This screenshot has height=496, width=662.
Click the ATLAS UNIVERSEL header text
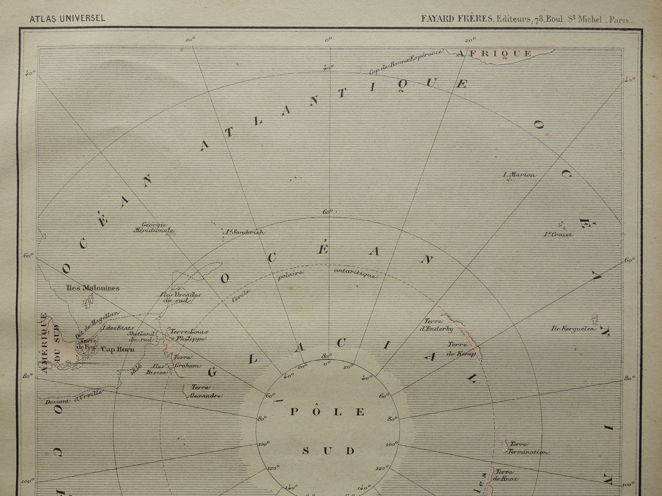[x=67, y=19]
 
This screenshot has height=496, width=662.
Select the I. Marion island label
[x=519, y=175]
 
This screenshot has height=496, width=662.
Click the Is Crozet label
[x=558, y=234]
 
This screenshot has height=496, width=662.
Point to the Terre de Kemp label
[x=461, y=349]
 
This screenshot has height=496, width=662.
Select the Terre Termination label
[x=527, y=448]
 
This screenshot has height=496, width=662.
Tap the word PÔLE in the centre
[x=328, y=412]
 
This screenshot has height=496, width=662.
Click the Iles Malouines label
[x=93, y=288]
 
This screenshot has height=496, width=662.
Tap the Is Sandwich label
[x=243, y=232]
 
